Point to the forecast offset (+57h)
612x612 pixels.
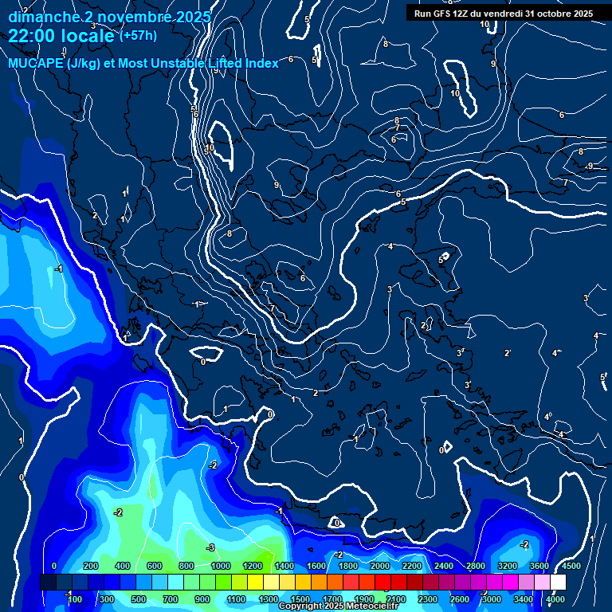(x=138, y=36)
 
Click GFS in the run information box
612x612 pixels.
(x=448, y=14)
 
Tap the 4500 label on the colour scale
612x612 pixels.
(x=571, y=566)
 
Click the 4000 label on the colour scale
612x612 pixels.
(x=556, y=599)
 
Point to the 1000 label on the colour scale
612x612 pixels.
(x=221, y=566)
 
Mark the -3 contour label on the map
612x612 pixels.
(x=210, y=547)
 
